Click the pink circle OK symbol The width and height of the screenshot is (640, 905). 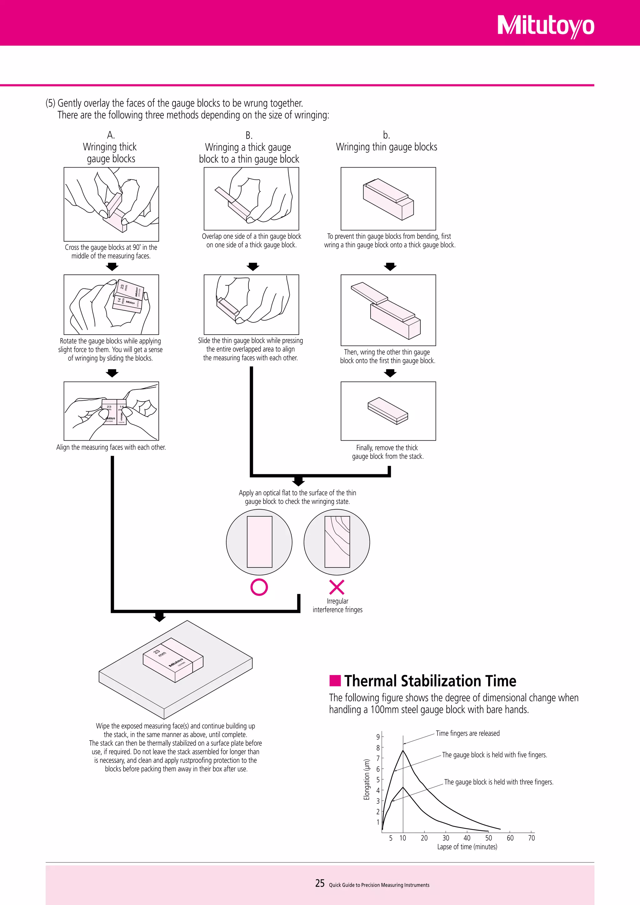click(259, 587)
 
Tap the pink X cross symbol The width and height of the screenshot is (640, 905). click(337, 587)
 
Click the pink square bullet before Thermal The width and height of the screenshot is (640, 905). click(335, 681)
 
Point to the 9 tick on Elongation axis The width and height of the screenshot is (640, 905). click(378, 737)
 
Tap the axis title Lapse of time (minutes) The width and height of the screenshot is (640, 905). click(467, 847)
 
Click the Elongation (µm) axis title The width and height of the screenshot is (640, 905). click(367, 780)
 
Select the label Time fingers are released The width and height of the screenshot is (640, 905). click(467, 733)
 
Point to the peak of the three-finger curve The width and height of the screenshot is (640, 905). click(403, 787)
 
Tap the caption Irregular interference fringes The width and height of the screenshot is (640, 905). click(337, 605)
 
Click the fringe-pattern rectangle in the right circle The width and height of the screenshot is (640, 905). click(337, 542)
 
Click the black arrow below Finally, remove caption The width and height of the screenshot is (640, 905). click(298, 481)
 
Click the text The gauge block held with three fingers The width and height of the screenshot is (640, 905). click(498, 782)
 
